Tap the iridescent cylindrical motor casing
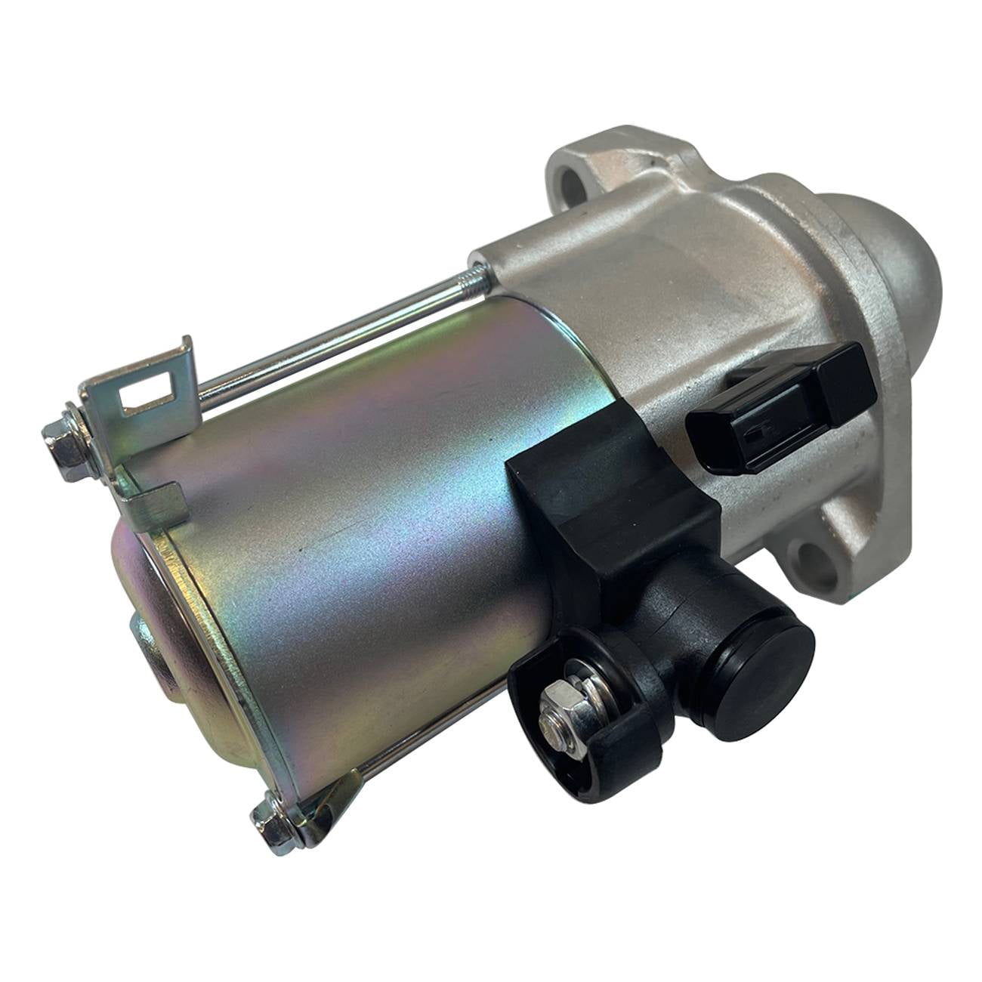pos(340,529)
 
